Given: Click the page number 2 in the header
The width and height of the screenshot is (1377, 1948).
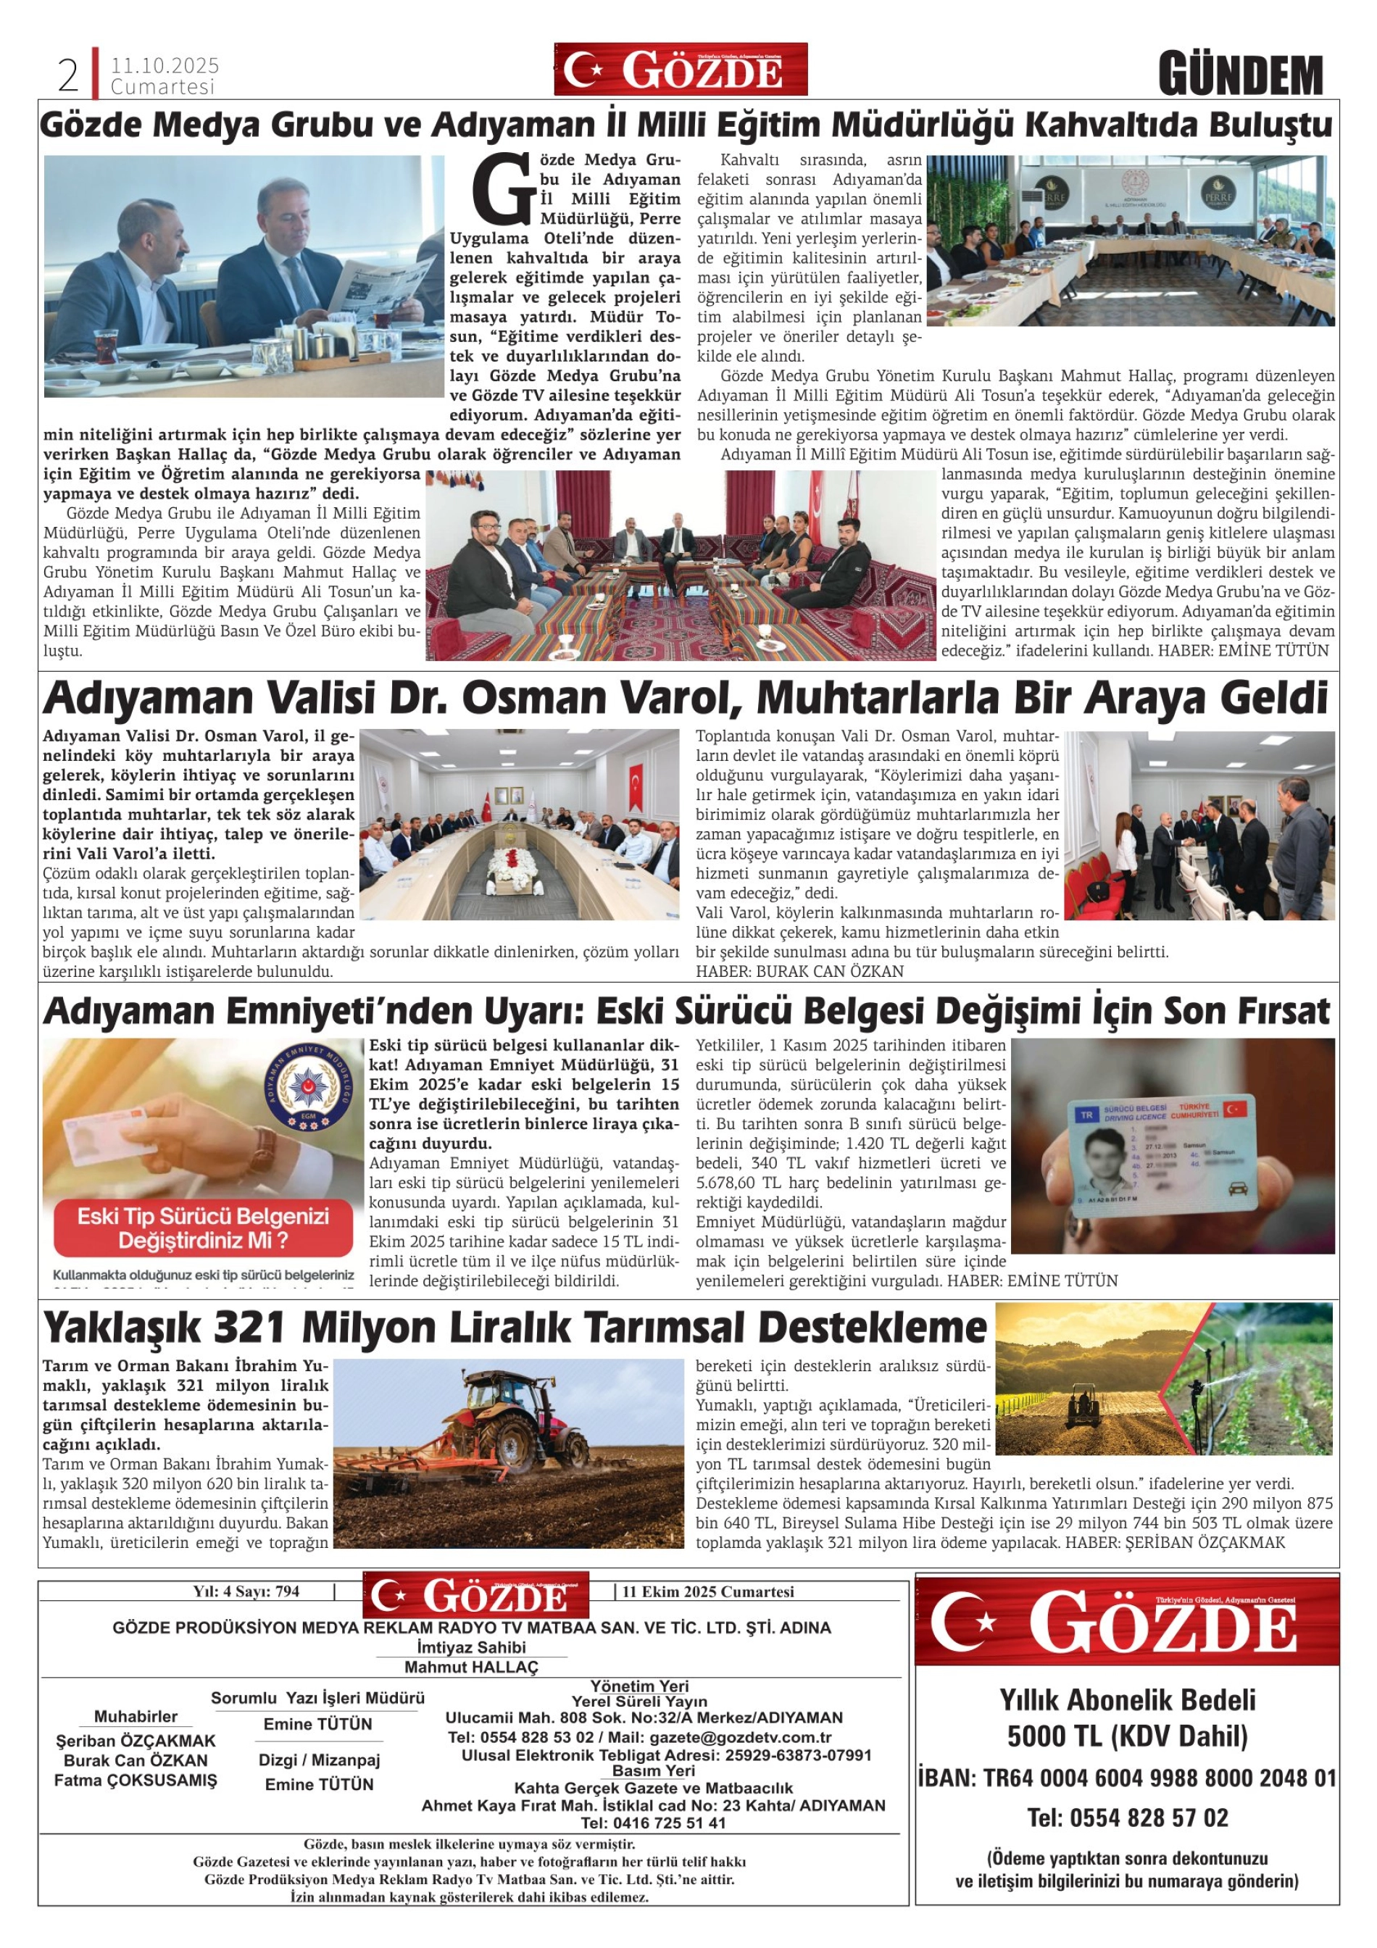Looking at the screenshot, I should pos(68,76).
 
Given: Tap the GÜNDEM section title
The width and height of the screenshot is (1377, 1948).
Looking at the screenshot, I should pos(1241,75).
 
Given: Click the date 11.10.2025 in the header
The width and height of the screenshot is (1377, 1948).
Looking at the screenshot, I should pos(165,65).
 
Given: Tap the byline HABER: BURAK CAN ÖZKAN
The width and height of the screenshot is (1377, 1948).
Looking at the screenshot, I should pos(799,971).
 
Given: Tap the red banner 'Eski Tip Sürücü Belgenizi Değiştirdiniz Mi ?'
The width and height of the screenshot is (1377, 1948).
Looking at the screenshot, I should pos(203,1228).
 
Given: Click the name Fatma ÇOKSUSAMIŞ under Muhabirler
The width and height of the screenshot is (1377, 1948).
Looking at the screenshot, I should pos(136,1780).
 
